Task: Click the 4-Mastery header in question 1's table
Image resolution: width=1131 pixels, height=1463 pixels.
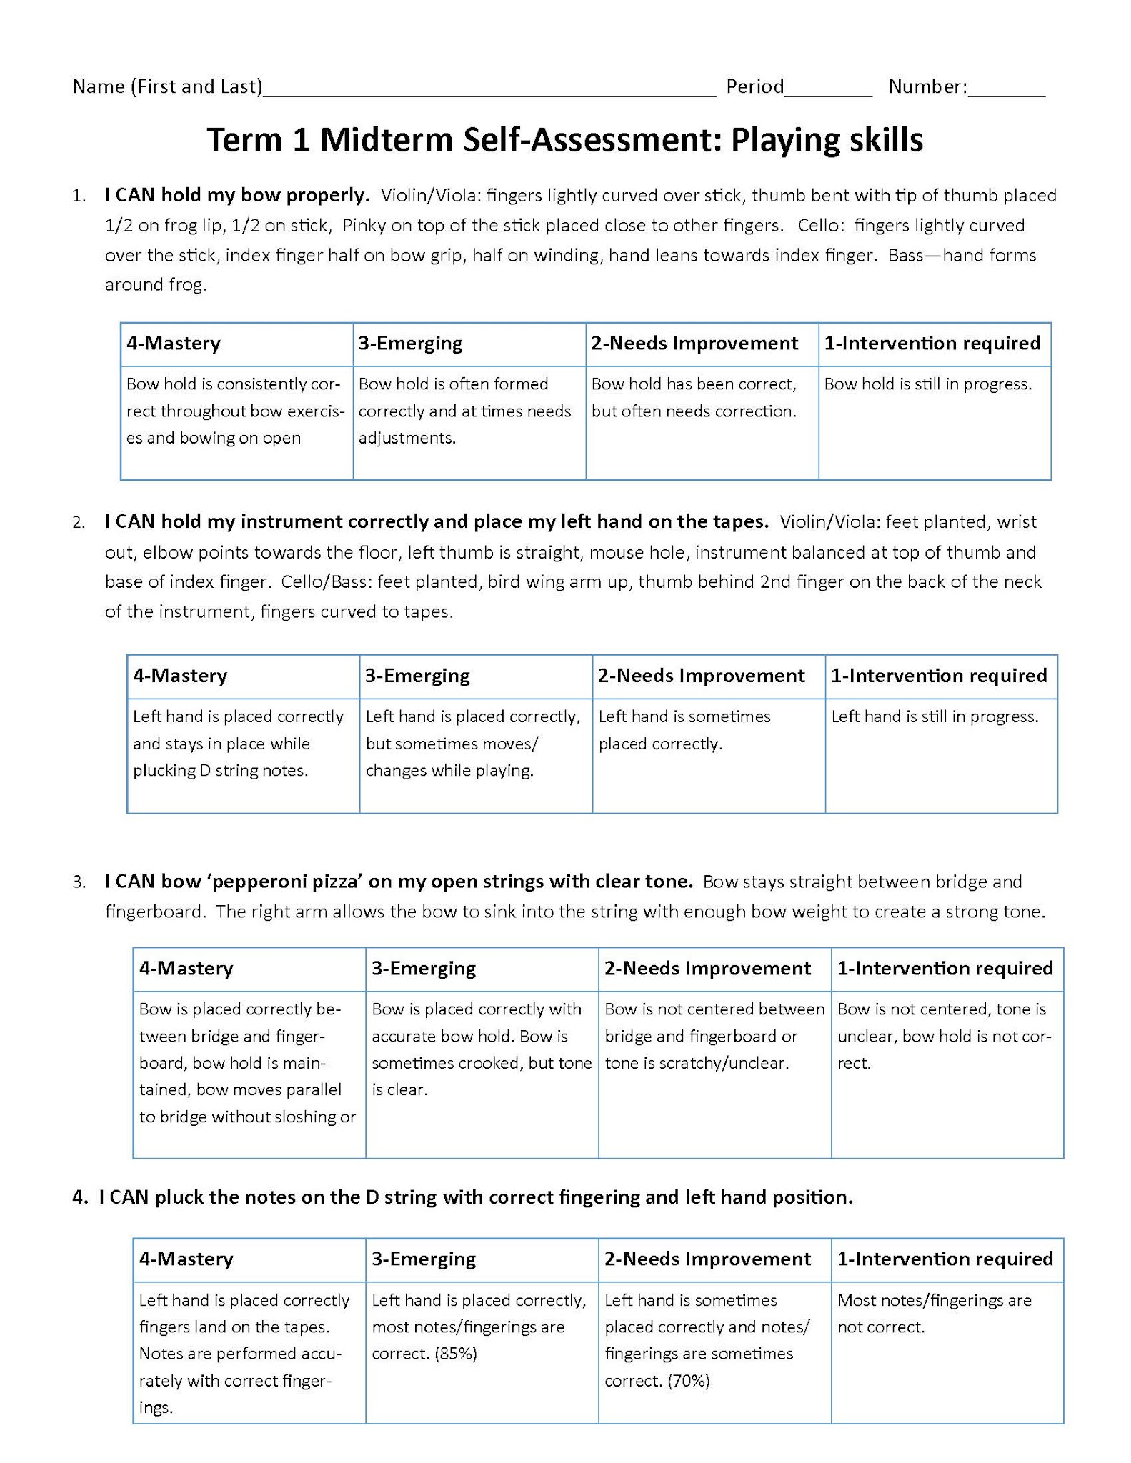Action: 174,344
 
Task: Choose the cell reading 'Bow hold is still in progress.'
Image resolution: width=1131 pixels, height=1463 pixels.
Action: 928,384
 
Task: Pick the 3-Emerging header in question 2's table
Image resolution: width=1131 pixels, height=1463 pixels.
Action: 417,676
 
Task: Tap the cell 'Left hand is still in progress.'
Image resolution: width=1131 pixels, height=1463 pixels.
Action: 935,716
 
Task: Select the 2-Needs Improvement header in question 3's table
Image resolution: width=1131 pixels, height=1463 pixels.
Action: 707,969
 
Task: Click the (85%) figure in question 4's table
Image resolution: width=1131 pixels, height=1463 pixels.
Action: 455,1354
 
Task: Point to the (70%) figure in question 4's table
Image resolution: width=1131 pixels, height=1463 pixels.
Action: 688,1381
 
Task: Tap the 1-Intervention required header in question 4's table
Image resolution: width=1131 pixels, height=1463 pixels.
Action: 945,1259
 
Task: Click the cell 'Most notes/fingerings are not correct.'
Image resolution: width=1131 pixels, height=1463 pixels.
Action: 935,1314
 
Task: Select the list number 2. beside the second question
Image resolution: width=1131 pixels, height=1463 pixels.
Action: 79,523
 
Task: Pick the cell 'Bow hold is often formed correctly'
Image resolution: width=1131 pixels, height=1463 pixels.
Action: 464,411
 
